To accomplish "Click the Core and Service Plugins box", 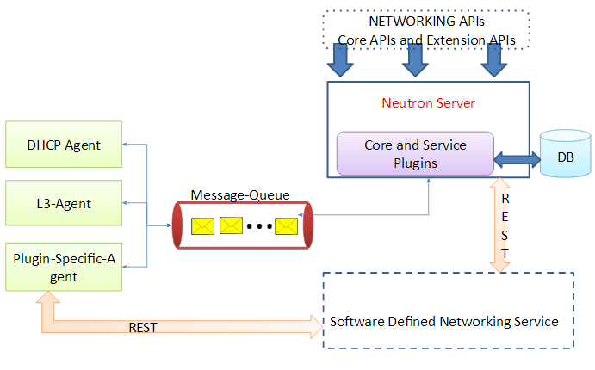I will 415,153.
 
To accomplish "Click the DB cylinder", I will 565,157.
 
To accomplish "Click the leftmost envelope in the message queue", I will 202,226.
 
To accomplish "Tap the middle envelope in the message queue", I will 232,226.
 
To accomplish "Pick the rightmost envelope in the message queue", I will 286,226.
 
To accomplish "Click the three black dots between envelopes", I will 259,227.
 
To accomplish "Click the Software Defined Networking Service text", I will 443,322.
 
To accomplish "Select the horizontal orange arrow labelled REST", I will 172,324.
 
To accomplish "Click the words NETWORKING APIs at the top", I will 426,21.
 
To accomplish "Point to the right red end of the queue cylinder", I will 307,226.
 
